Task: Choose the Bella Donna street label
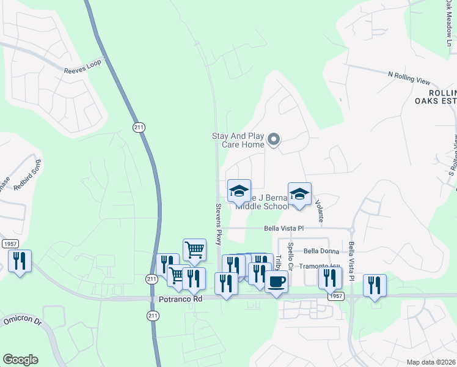(x=321, y=251)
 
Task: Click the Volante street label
(x=319, y=207)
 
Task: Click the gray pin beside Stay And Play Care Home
(x=274, y=140)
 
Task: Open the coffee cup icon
(x=276, y=282)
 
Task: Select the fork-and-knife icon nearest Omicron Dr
(x=20, y=261)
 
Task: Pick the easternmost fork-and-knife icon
(x=375, y=285)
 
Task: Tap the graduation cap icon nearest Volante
(x=299, y=194)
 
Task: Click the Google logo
(x=20, y=360)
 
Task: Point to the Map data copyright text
(x=431, y=362)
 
